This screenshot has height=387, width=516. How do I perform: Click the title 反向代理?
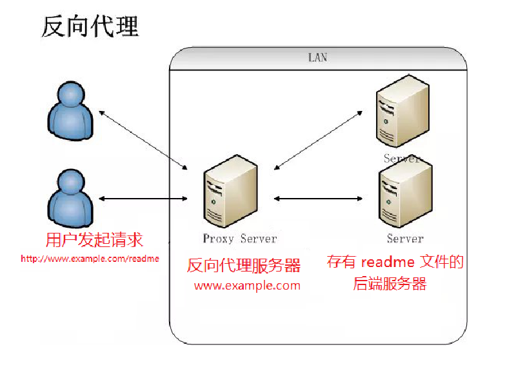[x=90, y=27]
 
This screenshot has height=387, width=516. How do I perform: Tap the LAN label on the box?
[x=317, y=57]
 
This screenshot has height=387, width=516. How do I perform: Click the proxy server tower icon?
[x=230, y=190]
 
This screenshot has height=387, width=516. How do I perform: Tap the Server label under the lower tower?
[x=405, y=239]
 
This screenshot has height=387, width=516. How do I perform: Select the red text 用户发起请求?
[x=94, y=241]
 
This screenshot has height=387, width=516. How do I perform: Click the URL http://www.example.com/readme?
[x=90, y=259]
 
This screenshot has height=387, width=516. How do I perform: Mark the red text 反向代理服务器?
[x=244, y=266]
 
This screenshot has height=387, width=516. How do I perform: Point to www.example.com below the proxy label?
[x=247, y=286]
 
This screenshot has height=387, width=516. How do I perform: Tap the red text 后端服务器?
[x=390, y=284]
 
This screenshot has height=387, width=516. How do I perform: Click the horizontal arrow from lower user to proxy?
[x=143, y=199]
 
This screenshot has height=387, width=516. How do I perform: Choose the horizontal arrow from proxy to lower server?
[x=319, y=199]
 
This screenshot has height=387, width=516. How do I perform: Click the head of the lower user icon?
[x=70, y=181]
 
